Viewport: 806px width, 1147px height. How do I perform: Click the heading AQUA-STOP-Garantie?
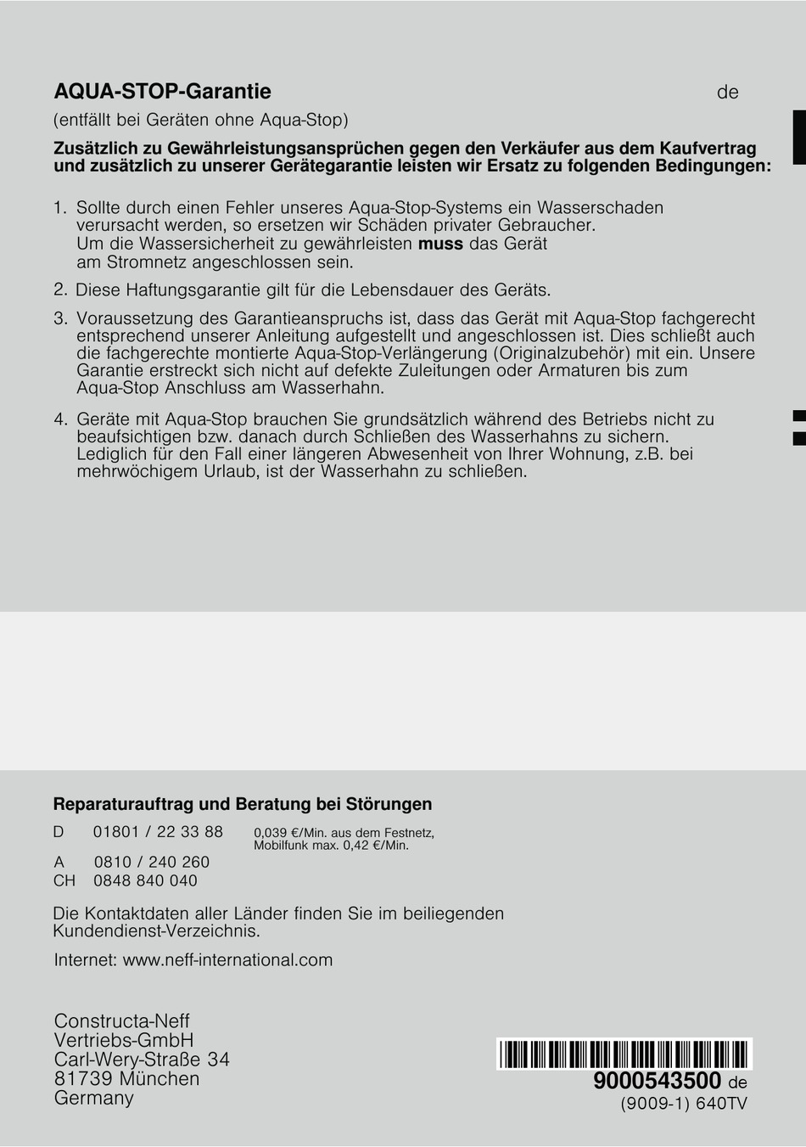click(x=162, y=92)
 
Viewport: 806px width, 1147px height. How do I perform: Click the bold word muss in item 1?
click(x=440, y=245)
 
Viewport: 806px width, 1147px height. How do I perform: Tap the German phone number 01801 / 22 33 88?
click(x=158, y=832)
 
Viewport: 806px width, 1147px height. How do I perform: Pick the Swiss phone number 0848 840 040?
click(x=145, y=880)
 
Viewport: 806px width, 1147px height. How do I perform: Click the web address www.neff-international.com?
click(x=227, y=960)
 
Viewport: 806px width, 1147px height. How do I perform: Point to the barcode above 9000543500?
click(x=624, y=1054)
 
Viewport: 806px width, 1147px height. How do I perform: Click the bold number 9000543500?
click(x=657, y=1081)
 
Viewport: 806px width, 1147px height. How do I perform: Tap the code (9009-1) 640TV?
click(x=683, y=1104)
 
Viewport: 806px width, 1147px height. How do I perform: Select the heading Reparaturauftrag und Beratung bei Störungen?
click(x=243, y=804)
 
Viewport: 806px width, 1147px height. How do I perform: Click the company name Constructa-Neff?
click(x=121, y=1021)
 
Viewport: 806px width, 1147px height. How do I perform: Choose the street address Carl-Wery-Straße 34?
click(x=142, y=1060)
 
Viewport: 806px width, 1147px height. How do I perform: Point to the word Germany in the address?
click(x=93, y=1098)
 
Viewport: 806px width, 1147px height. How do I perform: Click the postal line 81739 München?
click(x=126, y=1079)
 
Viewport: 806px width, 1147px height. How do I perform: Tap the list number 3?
click(x=59, y=318)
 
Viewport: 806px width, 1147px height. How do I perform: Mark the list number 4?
click(x=59, y=419)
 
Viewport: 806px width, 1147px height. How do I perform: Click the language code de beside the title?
click(x=727, y=93)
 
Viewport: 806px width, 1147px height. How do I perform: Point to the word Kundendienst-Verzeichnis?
click(x=156, y=931)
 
